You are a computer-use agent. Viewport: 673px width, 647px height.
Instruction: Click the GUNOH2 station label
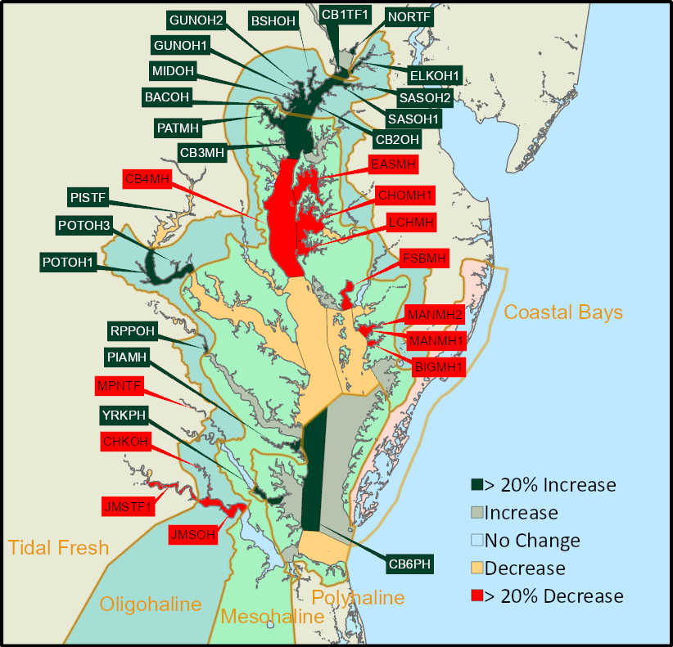pos(196,20)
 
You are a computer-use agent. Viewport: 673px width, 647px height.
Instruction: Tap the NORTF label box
pos(409,16)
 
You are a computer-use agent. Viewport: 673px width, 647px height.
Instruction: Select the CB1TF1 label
pos(346,14)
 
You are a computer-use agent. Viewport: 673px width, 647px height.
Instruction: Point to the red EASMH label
pos(393,164)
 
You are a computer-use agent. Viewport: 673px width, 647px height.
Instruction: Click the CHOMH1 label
pos(405,195)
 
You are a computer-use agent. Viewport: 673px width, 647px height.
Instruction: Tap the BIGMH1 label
pos(438,367)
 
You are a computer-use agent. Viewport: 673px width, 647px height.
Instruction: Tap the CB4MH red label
pos(146,178)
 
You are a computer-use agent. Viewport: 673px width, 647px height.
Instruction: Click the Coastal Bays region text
pos(563,312)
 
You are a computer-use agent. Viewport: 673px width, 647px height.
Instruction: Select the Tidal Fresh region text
pos(58,547)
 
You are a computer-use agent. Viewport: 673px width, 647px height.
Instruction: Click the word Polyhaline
pos(358,598)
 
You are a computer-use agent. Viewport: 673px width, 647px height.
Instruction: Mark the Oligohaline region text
pos(151,604)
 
